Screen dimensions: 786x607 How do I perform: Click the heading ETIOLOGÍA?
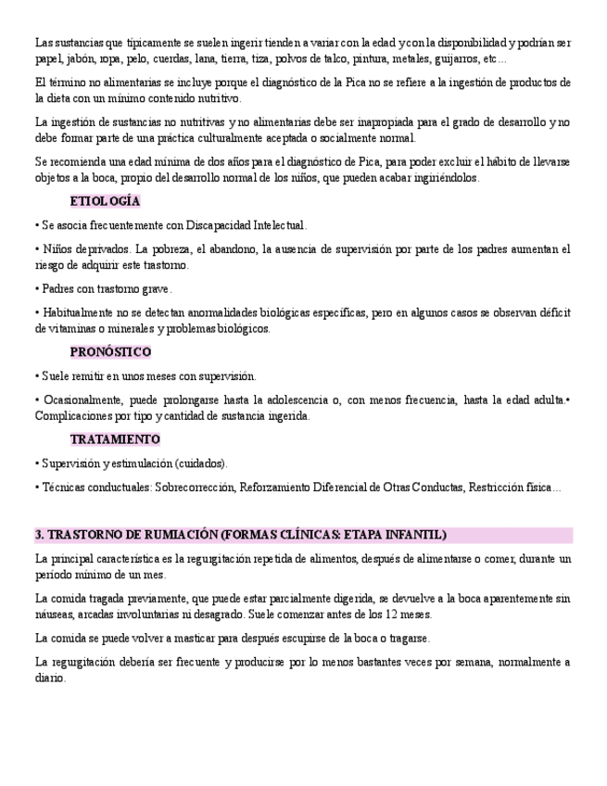[x=105, y=201]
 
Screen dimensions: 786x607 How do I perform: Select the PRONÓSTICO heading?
[x=110, y=352]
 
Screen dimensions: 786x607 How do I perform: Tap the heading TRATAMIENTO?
[x=115, y=438]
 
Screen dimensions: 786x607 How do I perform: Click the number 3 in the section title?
[x=38, y=535]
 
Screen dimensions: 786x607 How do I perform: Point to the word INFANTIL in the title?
[x=418, y=535]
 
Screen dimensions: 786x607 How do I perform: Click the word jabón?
[x=82, y=59]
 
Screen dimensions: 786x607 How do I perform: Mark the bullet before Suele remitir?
[x=37, y=376]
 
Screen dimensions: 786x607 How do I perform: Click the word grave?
[x=156, y=289]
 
